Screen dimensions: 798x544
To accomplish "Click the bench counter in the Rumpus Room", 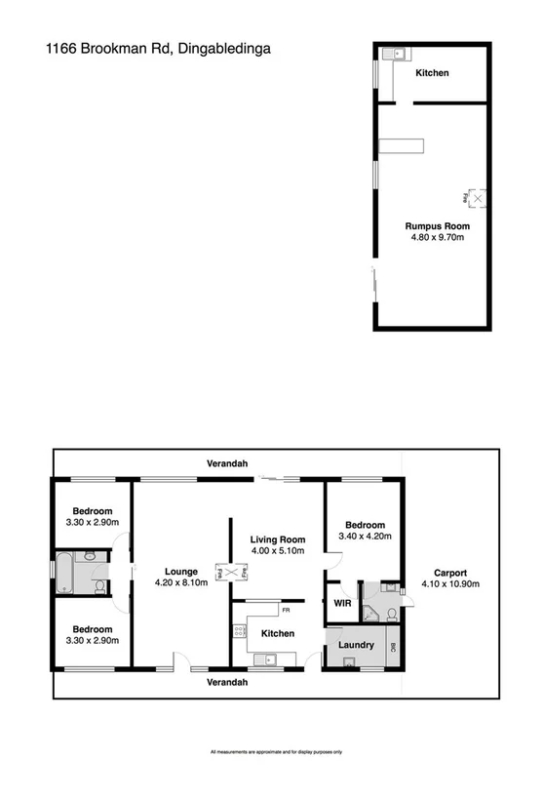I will click(x=402, y=146).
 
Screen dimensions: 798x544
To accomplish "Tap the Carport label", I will click(x=445, y=574).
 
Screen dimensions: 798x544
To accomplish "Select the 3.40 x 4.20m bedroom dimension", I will click(x=366, y=536).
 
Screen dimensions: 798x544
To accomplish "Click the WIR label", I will click(x=341, y=603).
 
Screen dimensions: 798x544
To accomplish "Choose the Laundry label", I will click(x=356, y=645).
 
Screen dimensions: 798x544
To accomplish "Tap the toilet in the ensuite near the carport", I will click(x=390, y=614).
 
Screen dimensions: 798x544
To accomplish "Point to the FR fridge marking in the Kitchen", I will click(x=287, y=610).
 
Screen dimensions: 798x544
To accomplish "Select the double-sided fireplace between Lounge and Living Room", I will click(x=232, y=573).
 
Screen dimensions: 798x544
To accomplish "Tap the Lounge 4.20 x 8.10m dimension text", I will click(x=182, y=583).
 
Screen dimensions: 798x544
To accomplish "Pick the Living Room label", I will click(x=278, y=539).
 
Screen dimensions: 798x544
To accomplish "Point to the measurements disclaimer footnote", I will click(x=276, y=752).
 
